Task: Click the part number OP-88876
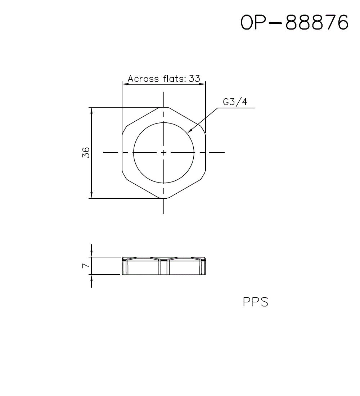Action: coord(294,23)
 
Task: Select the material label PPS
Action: coord(256,302)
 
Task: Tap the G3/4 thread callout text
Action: coord(235,102)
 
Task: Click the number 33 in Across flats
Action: coord(194,78)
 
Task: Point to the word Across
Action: coord(143,78)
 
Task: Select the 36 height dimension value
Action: coord(86,153)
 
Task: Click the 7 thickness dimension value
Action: coord(85,266)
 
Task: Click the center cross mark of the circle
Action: coord(164,153)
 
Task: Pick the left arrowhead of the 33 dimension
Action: coord(125,84)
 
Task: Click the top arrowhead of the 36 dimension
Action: coord(92,110)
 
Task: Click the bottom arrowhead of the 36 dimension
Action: coord(92,195)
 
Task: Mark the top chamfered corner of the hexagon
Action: coord(164,107)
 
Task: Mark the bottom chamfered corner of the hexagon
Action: coord(164,198)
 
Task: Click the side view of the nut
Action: coord(164,266)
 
